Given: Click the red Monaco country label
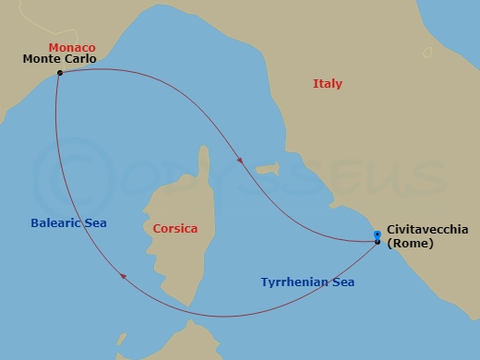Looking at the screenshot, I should pyautogui.click(x=71, y=47).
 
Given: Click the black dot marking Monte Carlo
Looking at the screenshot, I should pyautogui.click(x=59, y=73).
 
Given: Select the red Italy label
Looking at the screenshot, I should pyautogui.click(x=328, y=84).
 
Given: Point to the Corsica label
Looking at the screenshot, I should pyautogui.click(x=175, y=228).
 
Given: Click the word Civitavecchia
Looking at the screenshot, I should pyautogui.click(x=427, y=230).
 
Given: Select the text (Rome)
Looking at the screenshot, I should pyautogui.click(x=411, y=244).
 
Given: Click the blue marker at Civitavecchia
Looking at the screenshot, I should pyautogui.click(x=378, y=236).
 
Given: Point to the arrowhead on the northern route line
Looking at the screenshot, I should pyautogui.click(x=241, y=161).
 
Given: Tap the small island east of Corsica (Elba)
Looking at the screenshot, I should pyautogui.click(x=267, y=170).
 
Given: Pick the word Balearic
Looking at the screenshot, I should pyautogui.click(x=54, y=223).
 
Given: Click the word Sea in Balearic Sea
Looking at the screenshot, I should pyautogui.click(x=95, y=223).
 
